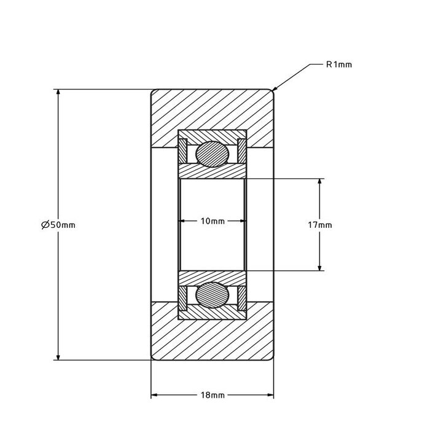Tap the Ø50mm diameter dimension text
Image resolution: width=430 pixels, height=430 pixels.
58,225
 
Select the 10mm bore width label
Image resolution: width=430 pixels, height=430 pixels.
213,221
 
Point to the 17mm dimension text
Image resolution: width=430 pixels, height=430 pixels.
319,225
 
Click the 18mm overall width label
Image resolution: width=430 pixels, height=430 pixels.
213,395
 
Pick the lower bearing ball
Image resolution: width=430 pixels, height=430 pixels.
212,294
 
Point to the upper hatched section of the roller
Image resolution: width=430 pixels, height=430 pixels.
212,111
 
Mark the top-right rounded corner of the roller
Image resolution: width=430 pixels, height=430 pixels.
271,92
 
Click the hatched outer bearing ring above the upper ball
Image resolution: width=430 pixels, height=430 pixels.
212,135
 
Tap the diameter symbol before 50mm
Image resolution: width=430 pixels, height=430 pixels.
45,225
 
